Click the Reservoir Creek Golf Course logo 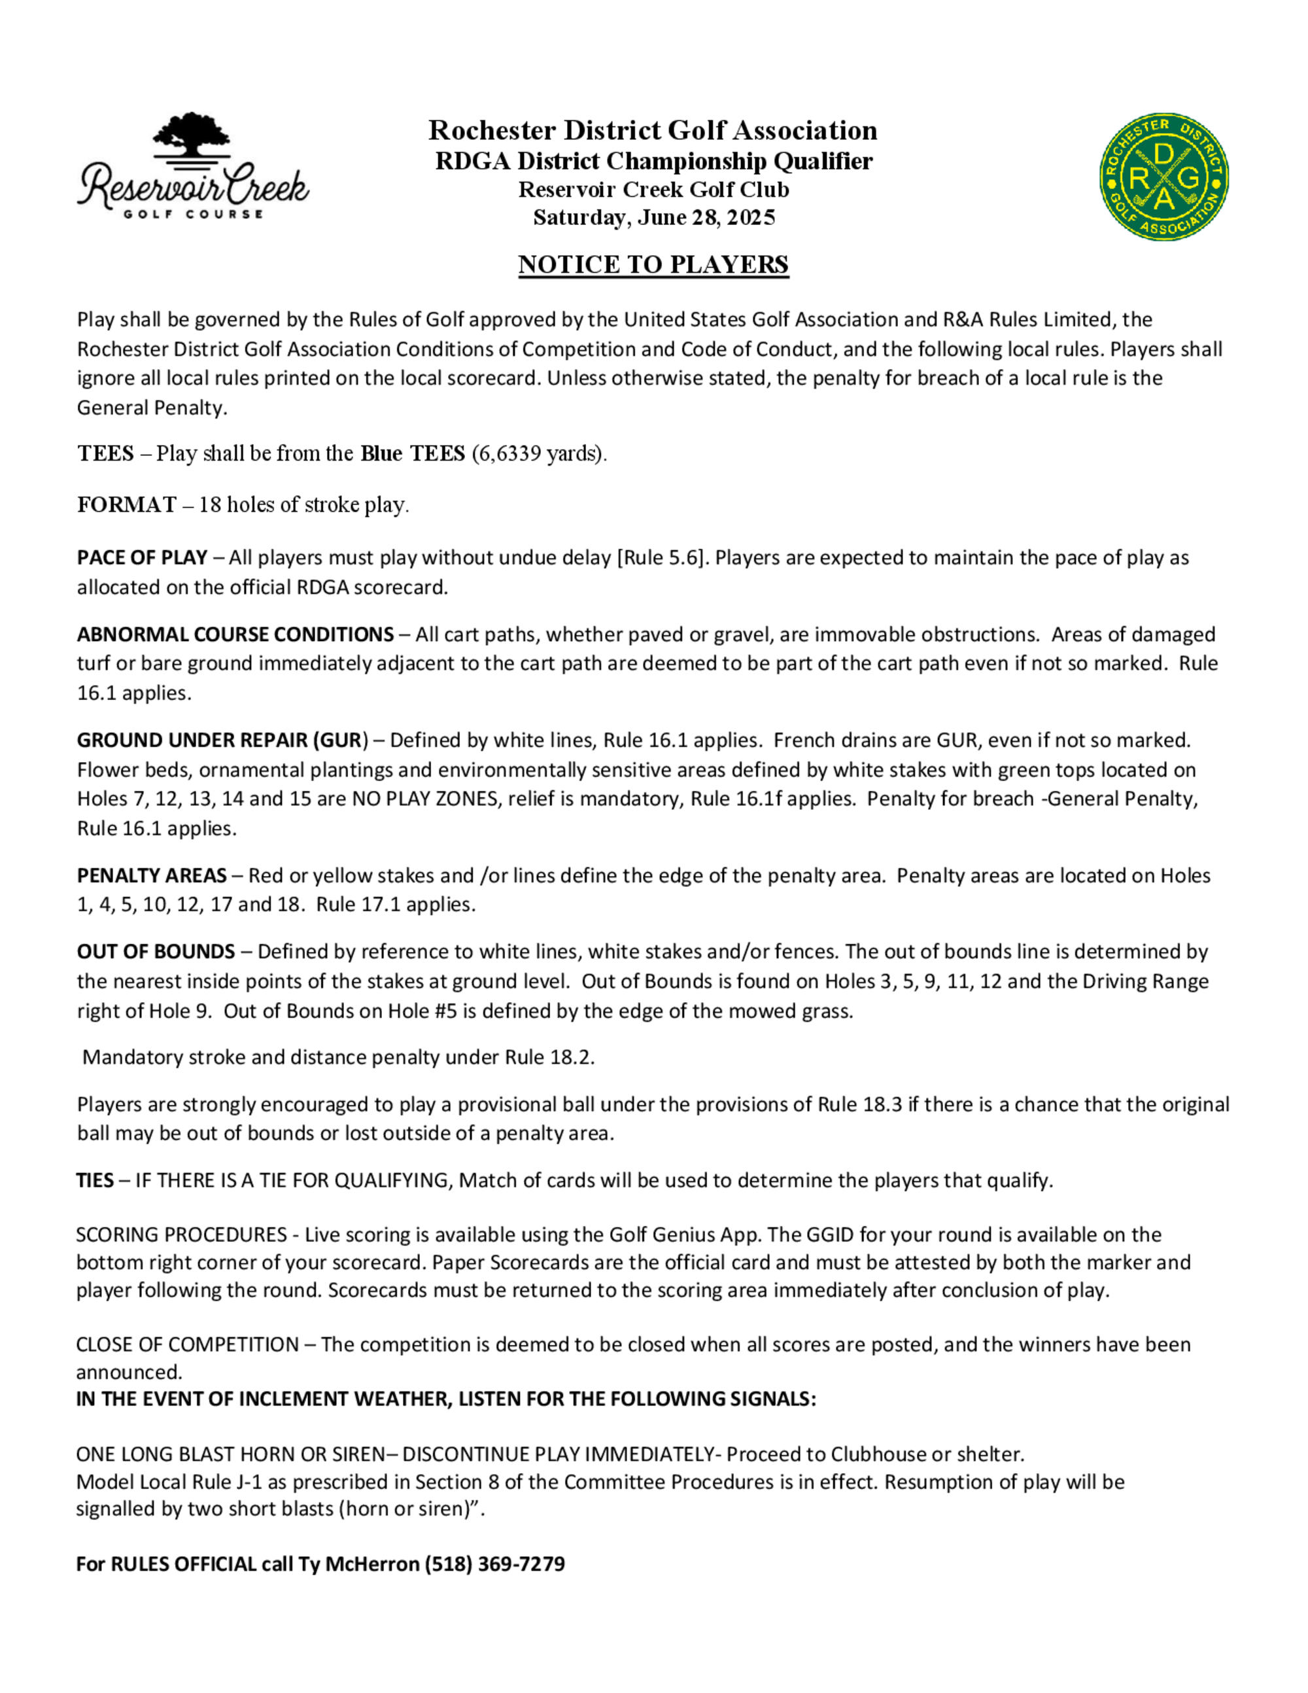pos(193,167)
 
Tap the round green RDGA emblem pos(1164,177)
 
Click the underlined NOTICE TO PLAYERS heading pos(653,265)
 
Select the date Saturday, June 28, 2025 pos(654,218)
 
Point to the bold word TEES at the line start pos(105,453)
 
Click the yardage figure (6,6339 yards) pos(538,453)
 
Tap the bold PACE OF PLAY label pos(142,558)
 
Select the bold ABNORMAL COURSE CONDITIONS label pos(235,635)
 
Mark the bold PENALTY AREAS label pos(152,876)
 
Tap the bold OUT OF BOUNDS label pos(156,952)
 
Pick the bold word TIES pos(95,1181)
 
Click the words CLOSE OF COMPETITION pos(188,1345)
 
